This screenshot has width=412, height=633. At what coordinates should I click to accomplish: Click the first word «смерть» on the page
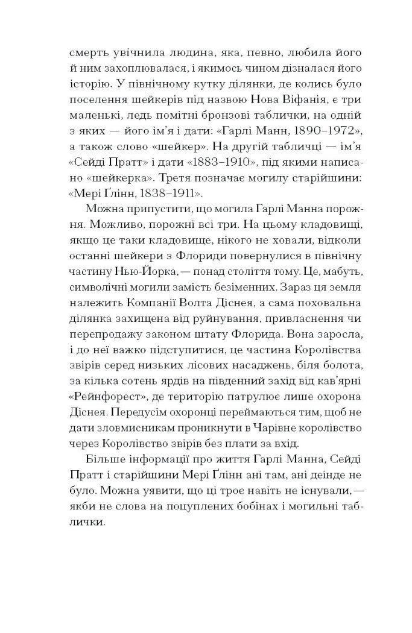(87, 52)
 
